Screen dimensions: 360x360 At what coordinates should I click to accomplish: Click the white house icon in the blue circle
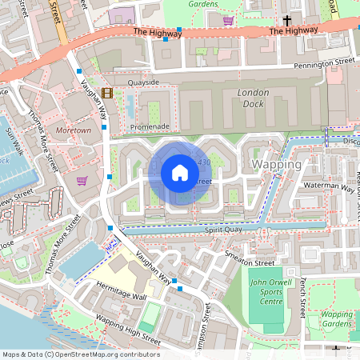(179, 172)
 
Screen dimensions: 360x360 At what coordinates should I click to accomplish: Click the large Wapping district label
(276, 164)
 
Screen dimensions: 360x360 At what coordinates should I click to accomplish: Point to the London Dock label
(254, 98)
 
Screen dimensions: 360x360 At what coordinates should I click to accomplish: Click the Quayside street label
(143, 82)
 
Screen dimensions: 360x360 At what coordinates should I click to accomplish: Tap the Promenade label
(150, 126)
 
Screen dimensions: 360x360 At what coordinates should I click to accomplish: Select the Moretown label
(74, 130)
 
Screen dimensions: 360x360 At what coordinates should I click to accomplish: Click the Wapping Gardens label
(336, 318)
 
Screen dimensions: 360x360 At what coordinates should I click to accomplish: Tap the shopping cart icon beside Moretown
(82, 181)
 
